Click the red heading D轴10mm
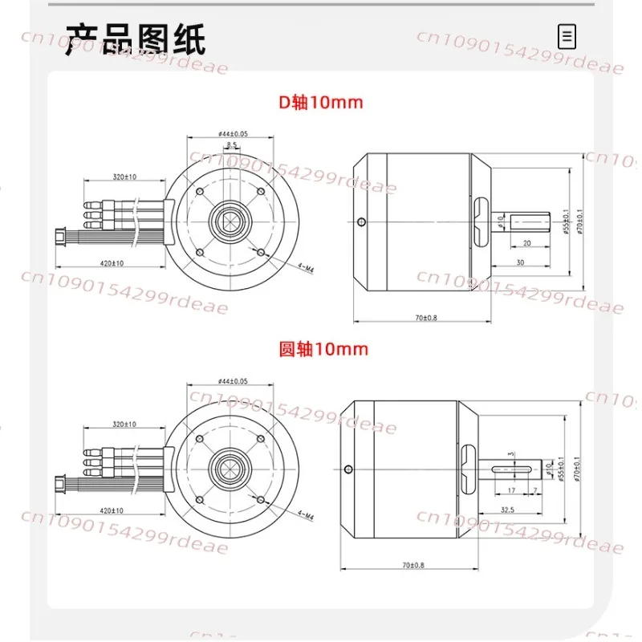(x=320, y=103)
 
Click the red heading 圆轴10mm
(x=324, y=348)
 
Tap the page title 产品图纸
(x=136, y=37)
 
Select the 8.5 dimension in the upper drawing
(x=232, y=144)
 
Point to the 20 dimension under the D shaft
(x=526, y=243)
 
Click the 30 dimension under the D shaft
(x=521, y=262)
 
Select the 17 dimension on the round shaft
(x=511, y=490)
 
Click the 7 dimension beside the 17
(x=535, y=490)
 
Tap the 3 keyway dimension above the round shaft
(x=511, y=455)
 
